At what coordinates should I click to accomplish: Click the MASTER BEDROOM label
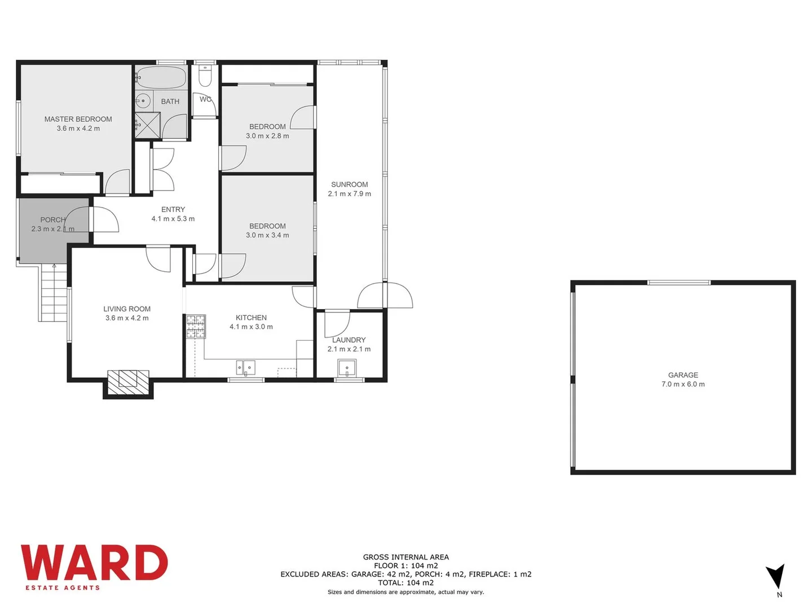tap(78, 119)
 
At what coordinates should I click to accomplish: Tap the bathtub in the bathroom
tap(161, 77)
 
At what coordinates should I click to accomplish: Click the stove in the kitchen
tap(196, 326)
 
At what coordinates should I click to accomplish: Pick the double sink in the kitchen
tap(246, 368)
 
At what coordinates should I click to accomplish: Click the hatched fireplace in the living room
tap(129, 381)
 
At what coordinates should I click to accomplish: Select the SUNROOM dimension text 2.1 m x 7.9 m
tap(350, 194)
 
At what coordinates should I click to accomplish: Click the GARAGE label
tap(683, 375)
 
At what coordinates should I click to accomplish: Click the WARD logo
tap(94, 562)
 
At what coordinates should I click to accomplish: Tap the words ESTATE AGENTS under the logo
tap(63, 588)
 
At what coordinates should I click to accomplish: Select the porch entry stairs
tap(54, 293)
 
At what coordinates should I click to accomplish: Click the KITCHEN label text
tap(251, 317)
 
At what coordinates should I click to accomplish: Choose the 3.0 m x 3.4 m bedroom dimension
tap(267, 235)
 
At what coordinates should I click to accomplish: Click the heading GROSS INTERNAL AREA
tap(405, 557)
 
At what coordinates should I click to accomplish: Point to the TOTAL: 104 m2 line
tap(405, 582)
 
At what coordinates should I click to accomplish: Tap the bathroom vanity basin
tap(143, 101)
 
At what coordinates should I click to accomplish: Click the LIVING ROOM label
tap(127, 309)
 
